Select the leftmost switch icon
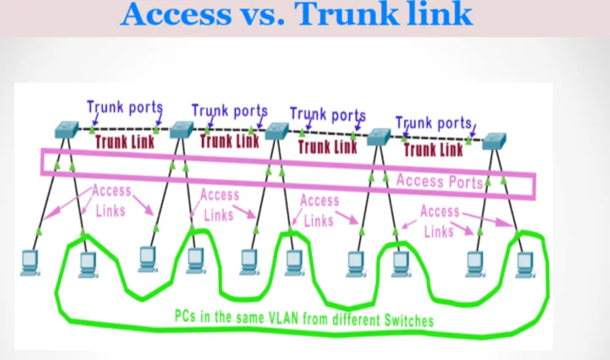coord(66,129)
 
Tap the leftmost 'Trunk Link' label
coord(124,142)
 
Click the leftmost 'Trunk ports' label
coord(124,108)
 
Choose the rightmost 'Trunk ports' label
coord(434,123)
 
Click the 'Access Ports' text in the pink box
coord(439,181)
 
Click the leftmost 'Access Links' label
coord(110,201)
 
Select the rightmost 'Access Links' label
coord(439,221)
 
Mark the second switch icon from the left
coord(181,129)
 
